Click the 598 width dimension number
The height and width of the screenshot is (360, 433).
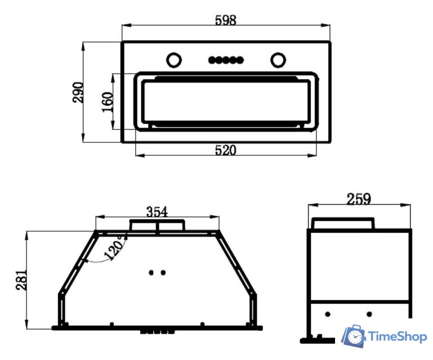pos(226,20)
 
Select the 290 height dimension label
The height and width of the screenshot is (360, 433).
pos(78,92)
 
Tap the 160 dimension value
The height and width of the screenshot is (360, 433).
pos(108,102)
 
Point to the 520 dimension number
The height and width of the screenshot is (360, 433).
pos(226,150)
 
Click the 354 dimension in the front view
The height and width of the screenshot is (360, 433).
pos(157,212)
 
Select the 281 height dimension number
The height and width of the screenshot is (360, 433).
pos(21,280)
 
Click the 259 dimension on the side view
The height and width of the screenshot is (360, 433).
pos(359,199)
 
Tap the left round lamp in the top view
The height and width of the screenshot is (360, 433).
pos(174,60)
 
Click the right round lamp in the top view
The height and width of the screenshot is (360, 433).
pos(278,60)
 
